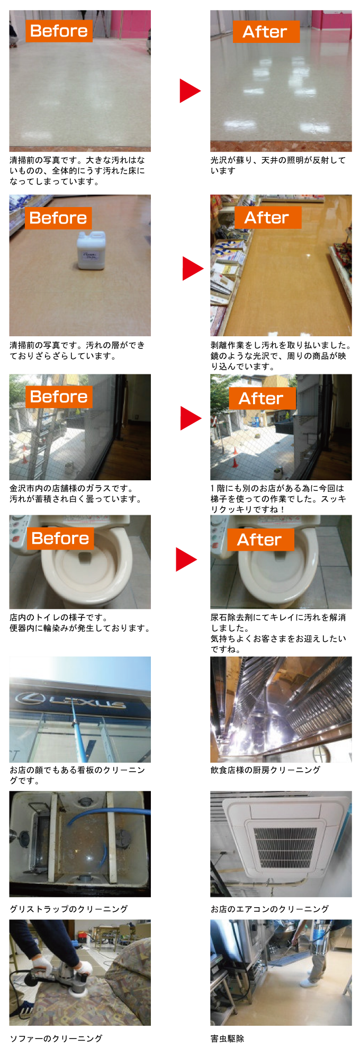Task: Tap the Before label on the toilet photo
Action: (60, 539)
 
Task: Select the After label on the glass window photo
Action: (262, 398)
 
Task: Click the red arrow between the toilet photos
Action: (186, 560)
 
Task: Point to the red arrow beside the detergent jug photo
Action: (192, 268)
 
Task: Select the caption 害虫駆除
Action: (227, 1038)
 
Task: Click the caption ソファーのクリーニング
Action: (56, 1038)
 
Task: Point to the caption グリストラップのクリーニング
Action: (69, 909)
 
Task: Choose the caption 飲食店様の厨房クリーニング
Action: (265, 770)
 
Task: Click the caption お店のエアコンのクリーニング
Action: (269, 909)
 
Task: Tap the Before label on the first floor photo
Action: (59, 31)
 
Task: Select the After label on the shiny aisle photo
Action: (267, 218)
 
